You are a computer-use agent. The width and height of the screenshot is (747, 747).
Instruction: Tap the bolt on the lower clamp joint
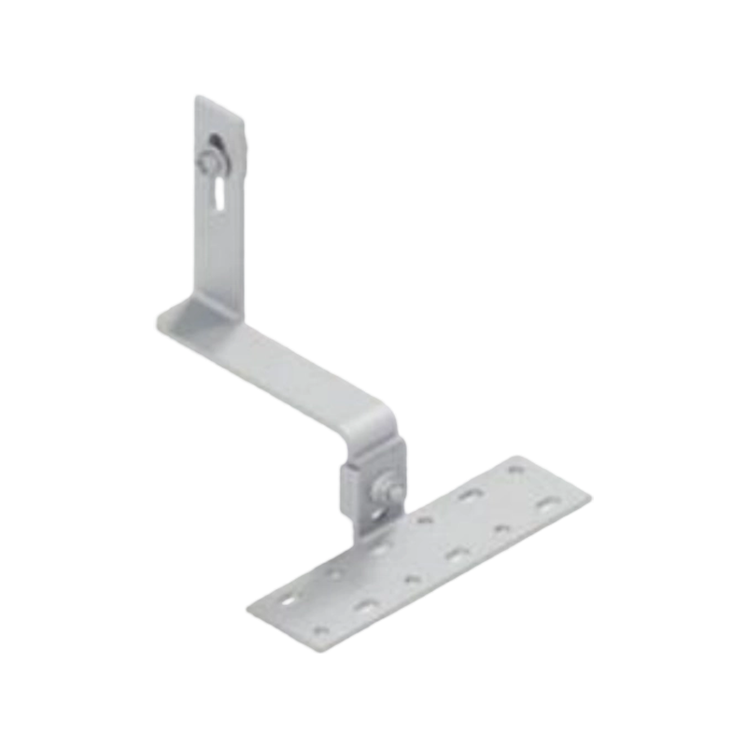[x=384, y=487]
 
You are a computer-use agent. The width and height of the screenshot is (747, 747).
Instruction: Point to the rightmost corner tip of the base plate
[x=591, y=500]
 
